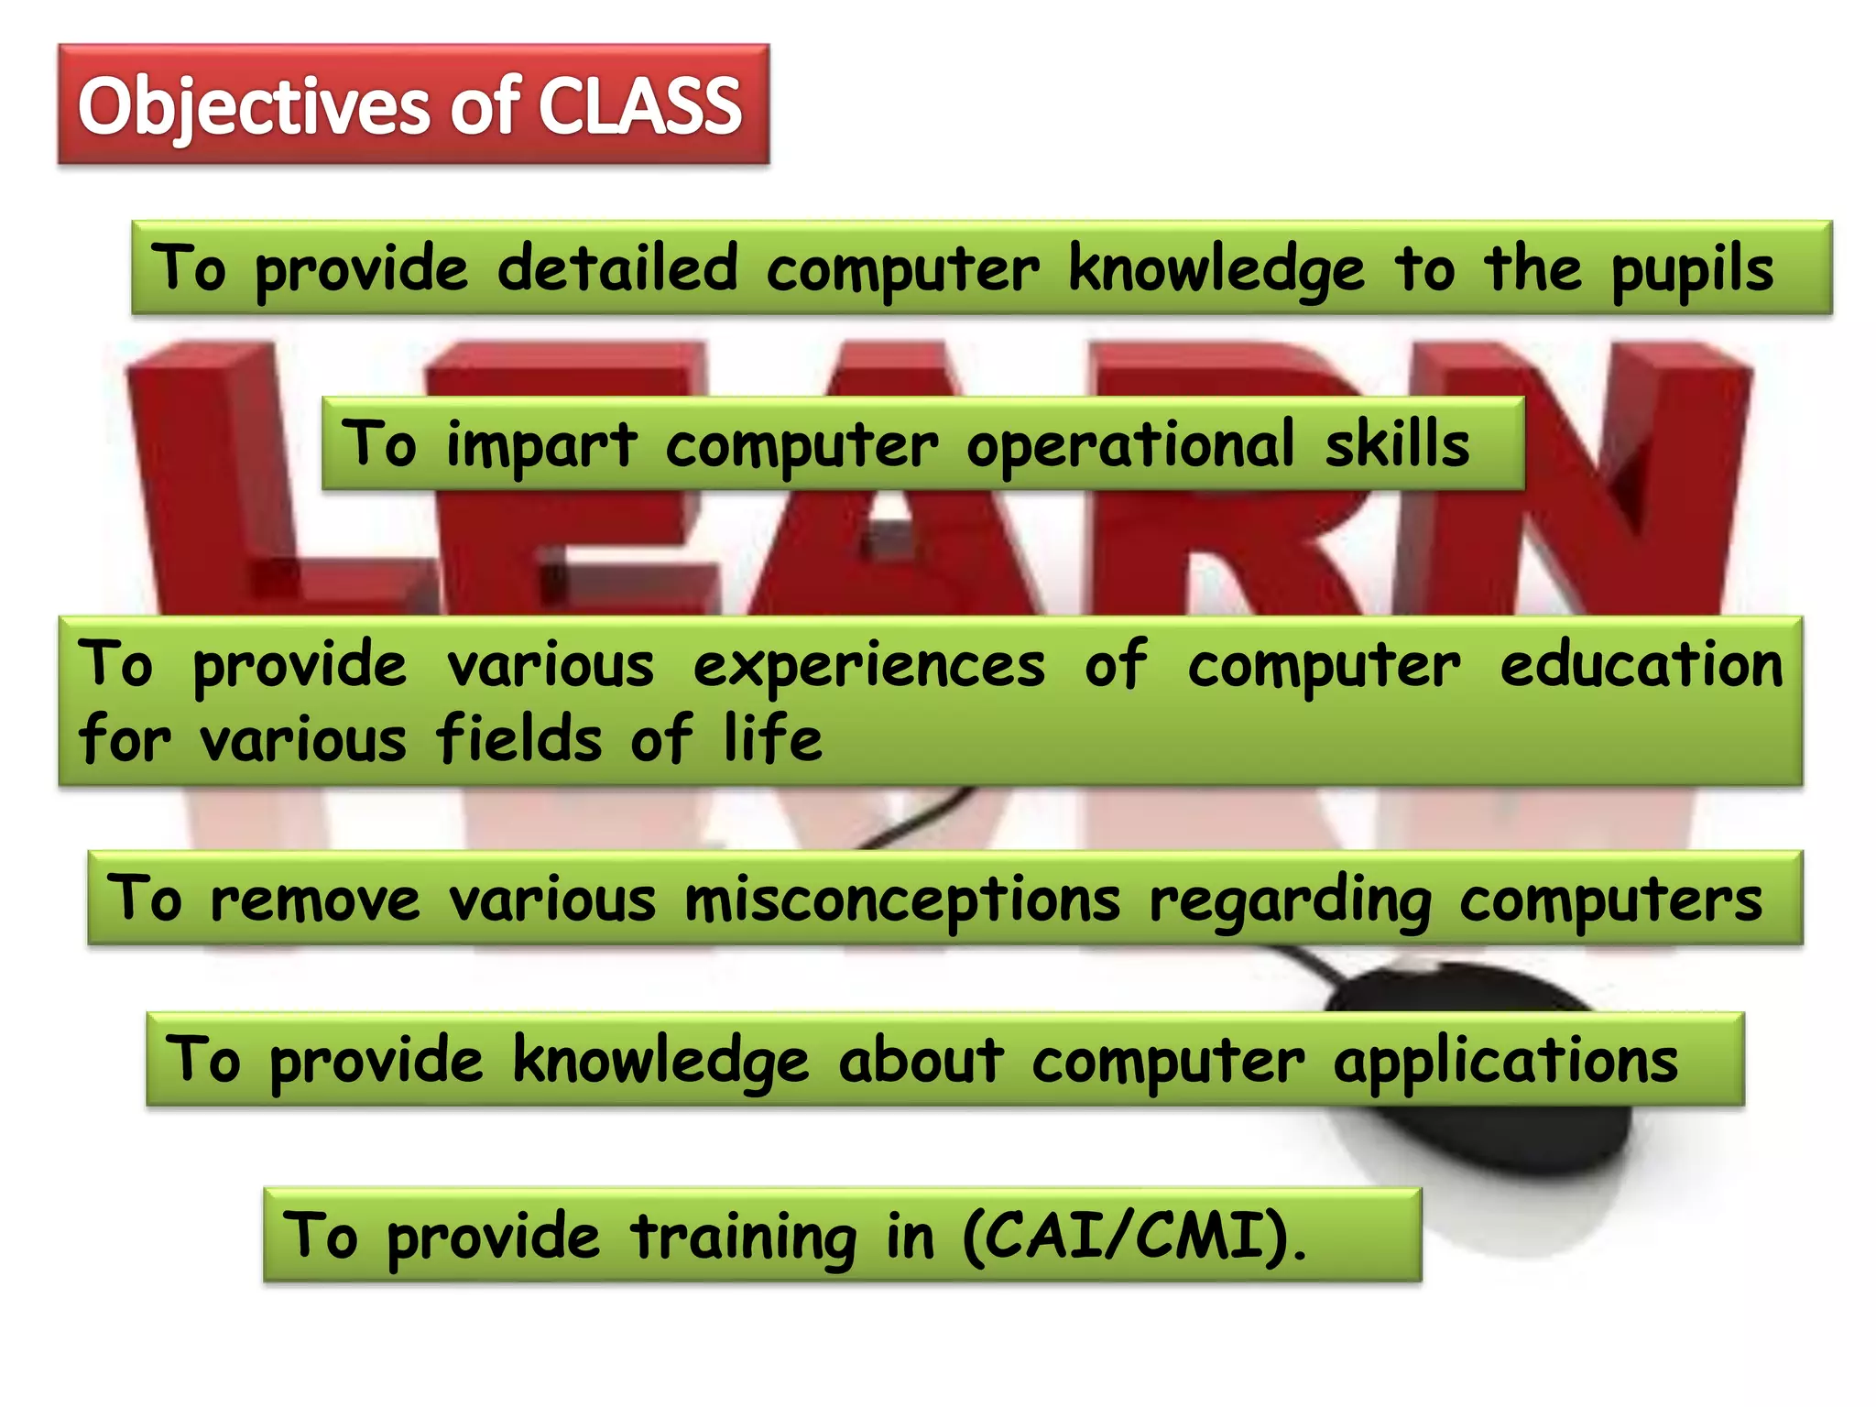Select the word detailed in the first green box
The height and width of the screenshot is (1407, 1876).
pyautogui.click(x=617, y=269)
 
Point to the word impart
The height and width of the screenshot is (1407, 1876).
pyautogui.click(x=540, y=445)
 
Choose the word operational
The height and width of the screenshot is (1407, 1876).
pyautogui.click(x=1130, y=445)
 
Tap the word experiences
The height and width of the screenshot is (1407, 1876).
pyautogui.click(x=868, y=666)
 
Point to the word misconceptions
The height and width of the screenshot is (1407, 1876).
pyautogui.click(x=902, y=900)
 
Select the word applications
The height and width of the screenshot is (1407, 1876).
pyautogui.click(x=1505, y=1062)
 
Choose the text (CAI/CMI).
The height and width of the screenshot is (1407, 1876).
pyautogui.click(x=1134, y=1237)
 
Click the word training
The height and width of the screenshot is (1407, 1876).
pyautogui.click(x=743, y=1238)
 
